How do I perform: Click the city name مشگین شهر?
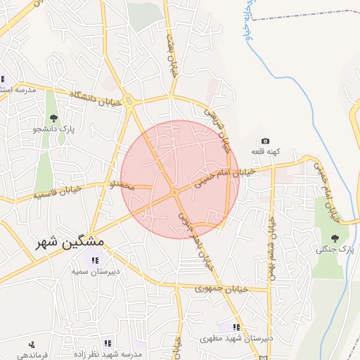(71, 241)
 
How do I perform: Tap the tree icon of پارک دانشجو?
(53, 117)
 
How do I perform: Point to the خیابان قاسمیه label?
(58, 191)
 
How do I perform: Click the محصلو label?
(121, 186)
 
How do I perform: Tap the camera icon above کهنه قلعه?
(265, 141)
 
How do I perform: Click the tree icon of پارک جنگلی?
(335, 238)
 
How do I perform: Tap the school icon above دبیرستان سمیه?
(95, 261)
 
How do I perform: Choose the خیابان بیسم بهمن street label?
(271, 245)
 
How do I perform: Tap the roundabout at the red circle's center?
(174, 192)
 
